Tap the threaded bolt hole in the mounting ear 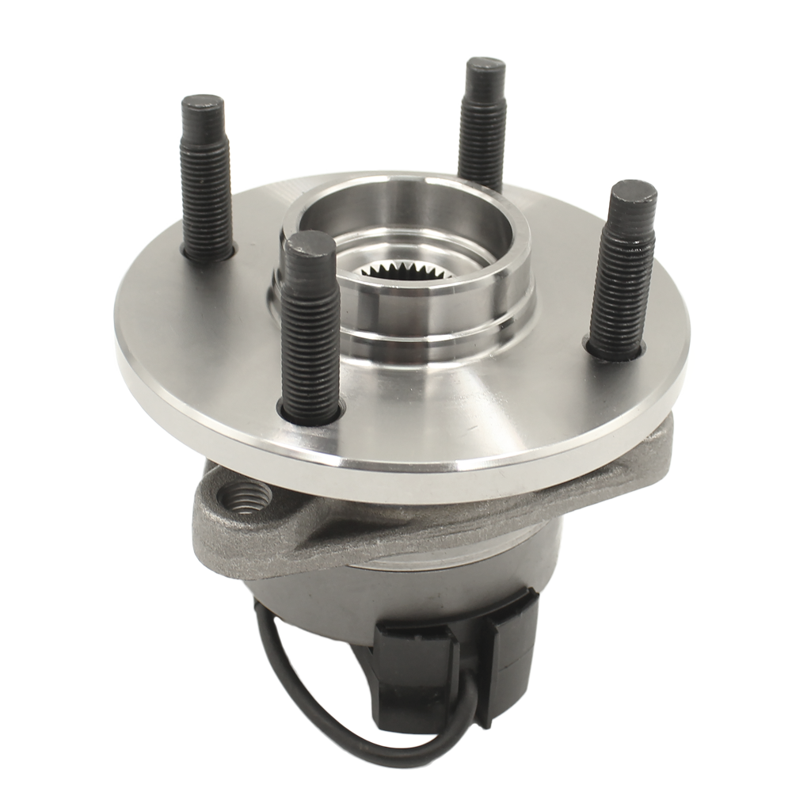(x=248, y=497)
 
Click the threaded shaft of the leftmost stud (x=206, y=190)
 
